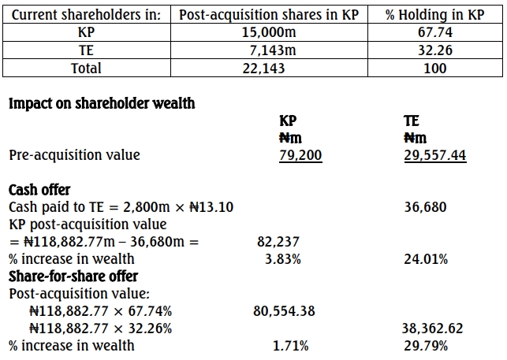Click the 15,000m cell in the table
pos(270,33)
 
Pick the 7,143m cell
pos(270,50)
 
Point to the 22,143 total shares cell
pos(270,69)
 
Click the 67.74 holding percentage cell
pos(434,33)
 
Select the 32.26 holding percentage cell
pos(434,50)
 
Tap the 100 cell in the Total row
pos(434,69)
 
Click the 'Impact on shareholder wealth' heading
pos(102,103)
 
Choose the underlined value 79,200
pos(300,155)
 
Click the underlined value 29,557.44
pos(434,155)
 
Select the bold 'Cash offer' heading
pos(39,190)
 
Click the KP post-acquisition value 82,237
pos(279,242)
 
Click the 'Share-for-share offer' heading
pos(73,276)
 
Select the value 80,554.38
pos(284,311)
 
